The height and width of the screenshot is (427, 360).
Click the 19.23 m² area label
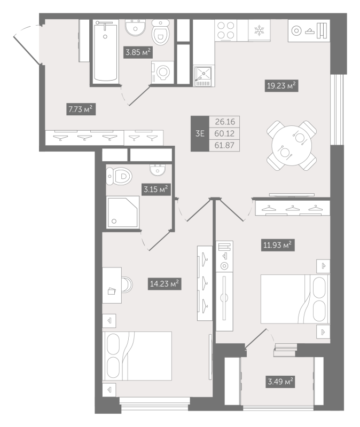[x=281, y=85]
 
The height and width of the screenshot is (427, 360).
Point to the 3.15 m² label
[x=155, y=189]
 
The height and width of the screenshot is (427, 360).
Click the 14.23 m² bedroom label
[x=165, y=283]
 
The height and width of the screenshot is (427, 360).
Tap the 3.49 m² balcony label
[x=280, y=382]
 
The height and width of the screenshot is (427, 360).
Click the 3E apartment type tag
[x=200, y=133]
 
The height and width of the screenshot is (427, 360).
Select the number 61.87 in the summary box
[x=226, y=145]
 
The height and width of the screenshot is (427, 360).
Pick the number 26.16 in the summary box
[x=226, y=122]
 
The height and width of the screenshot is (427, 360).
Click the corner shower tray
[x=122, y=212]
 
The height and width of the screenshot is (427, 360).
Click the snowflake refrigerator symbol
[x=259, y=30]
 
